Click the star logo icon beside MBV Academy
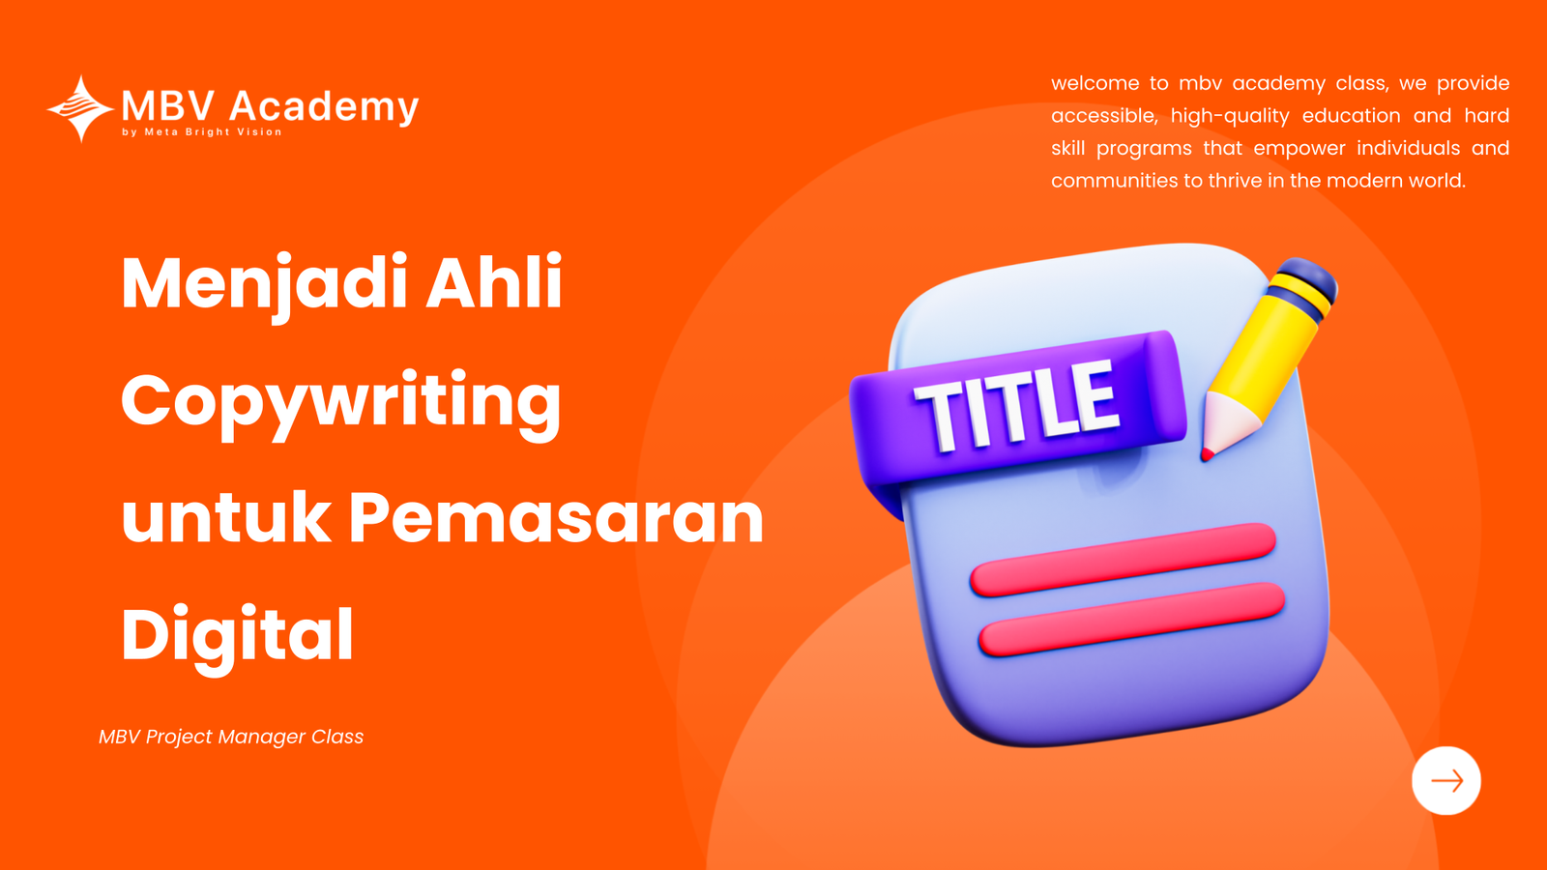(x=81, y=109)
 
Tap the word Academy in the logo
(x=324, y=107)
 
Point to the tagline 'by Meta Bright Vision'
(x=202, y=131)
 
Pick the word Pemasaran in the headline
(x=556, y=518)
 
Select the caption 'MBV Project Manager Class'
(x=231, y=737)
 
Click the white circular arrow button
(x=1446, y=781)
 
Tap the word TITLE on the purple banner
(x=1016, y=406)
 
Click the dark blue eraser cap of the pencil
(x=1306, y=279)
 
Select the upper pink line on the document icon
(x=1123, y=560)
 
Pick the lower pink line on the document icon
(x=1131, y=619)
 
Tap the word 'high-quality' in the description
(x=1229, y=116)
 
